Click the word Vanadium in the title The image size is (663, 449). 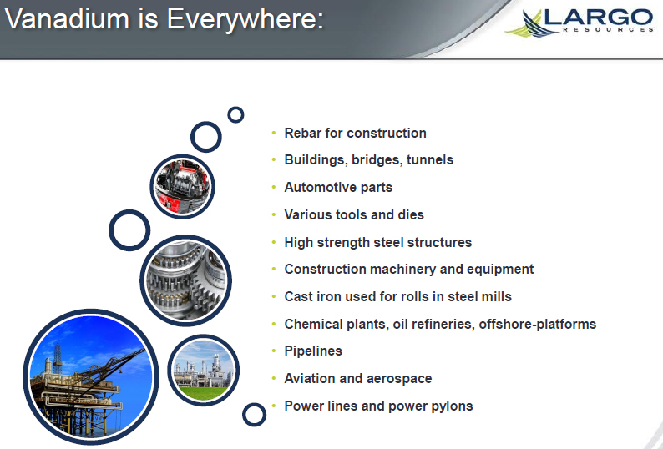tap(67, 18)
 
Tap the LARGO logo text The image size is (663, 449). tap(599, 18)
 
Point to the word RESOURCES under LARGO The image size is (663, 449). tap(608, 29)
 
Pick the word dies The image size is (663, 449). tap(411, 214)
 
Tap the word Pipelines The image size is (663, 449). tap(313, 351)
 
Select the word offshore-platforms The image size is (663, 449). tap(538, 324)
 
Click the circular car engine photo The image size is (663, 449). tap(182, 186)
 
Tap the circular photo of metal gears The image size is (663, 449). tap(185, 280)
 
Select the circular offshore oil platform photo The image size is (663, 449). tap(90, 376)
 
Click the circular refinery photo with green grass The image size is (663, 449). tap(204, 371)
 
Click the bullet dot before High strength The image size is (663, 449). tap(274, 242)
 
